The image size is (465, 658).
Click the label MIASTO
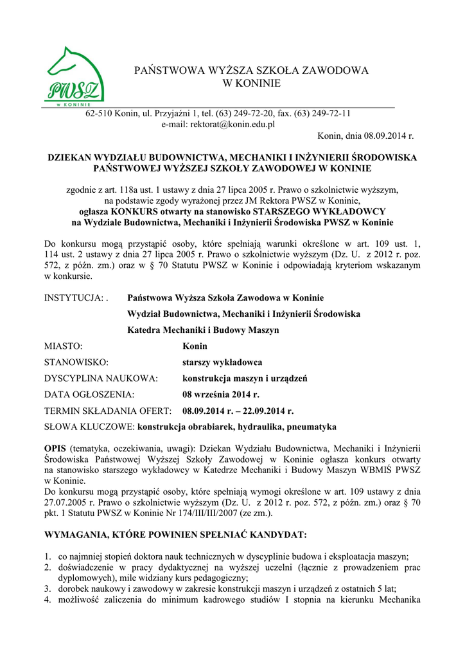tap(63, 346)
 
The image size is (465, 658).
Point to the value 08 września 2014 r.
tap(221, 395)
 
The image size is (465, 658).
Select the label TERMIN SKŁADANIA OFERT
tap(107, 411)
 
